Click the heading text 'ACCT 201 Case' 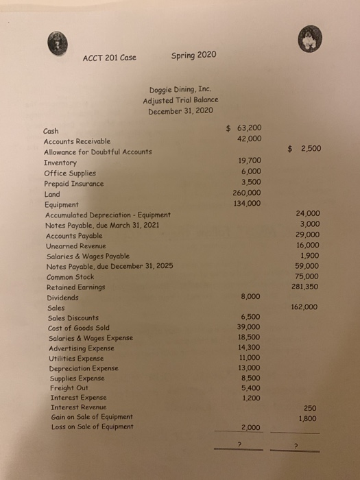[110, 57]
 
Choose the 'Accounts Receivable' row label [76, 141]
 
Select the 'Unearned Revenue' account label [75, 245]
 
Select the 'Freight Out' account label [68, 387]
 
